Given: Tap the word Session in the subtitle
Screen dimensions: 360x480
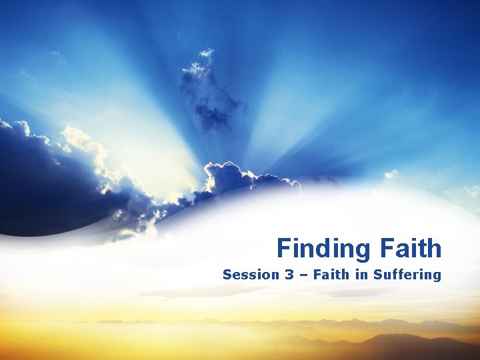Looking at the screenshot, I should [244, 275].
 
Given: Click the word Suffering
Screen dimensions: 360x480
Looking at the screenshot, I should [407, 275].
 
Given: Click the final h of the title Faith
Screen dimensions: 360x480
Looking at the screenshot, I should [434, 249].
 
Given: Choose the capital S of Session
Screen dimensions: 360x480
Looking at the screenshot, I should [227, 275].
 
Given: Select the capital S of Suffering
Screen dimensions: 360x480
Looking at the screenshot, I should [377, 275].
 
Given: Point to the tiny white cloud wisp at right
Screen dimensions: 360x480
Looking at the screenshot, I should [390, 174].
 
